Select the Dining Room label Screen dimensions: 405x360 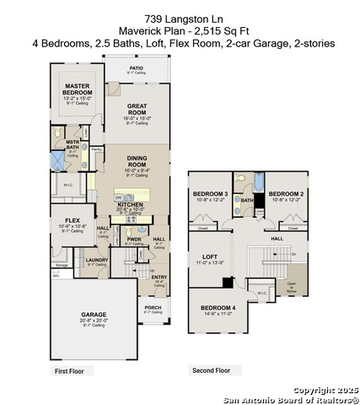click(137, 159)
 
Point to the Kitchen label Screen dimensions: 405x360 click(129, 204)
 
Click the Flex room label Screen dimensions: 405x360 click(72, 220)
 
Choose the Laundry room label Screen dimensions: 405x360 click(97, 260)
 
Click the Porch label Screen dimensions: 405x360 click(153, 307)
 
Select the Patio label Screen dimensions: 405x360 click(136, 67)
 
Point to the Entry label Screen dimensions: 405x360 click(159, 278)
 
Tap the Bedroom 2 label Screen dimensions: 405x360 click(286, 194)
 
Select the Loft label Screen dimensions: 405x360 click(211, 257)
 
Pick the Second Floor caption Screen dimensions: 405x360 click(210, 370)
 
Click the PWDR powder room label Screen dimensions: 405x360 click(133, 239)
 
